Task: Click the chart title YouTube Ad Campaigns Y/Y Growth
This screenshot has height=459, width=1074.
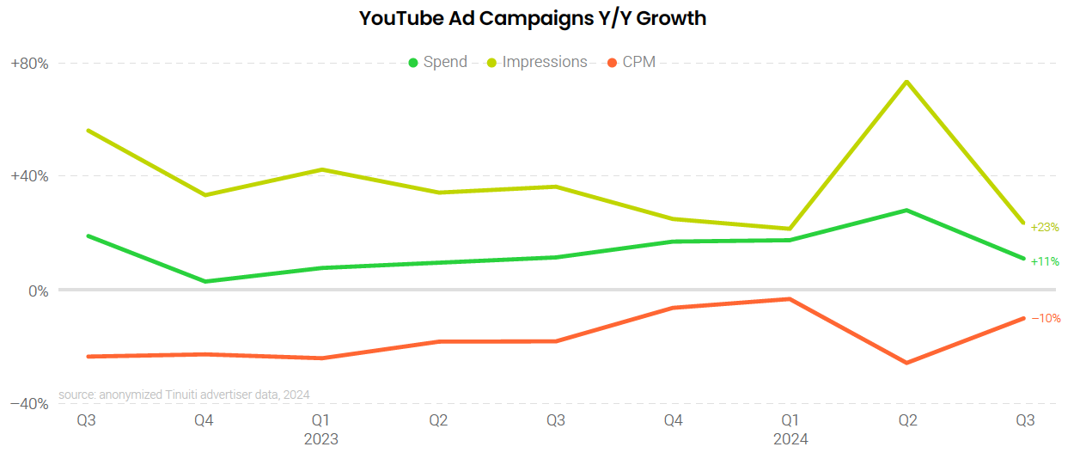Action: coord(532,18)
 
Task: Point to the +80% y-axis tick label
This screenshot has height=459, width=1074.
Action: coord(28,64)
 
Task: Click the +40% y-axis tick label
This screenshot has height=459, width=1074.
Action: coord(28,176)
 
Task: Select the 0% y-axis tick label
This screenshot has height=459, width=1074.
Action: coord(37,291)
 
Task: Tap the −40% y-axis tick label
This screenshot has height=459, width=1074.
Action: coord(28,404)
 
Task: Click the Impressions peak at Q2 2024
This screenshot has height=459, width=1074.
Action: coord(906,82)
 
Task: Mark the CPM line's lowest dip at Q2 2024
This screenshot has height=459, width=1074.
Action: coord(906,363)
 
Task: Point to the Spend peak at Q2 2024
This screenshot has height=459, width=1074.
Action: coord(906,210)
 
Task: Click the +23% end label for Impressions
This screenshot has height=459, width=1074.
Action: coord(1045,228)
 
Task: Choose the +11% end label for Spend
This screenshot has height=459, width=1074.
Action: coord(1045,261)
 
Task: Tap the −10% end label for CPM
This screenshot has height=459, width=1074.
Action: coord(1045,318)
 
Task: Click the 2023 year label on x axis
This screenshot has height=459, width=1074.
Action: coord(321,439)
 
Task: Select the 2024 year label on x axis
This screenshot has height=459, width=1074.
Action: coord(790,439)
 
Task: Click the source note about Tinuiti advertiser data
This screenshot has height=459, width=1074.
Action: coord(184,395)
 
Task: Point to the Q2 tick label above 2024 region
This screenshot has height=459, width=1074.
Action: coord(907,420)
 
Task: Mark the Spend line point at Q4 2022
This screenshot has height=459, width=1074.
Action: coord(204,281)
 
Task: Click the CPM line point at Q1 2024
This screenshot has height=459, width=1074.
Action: coord(790,299)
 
